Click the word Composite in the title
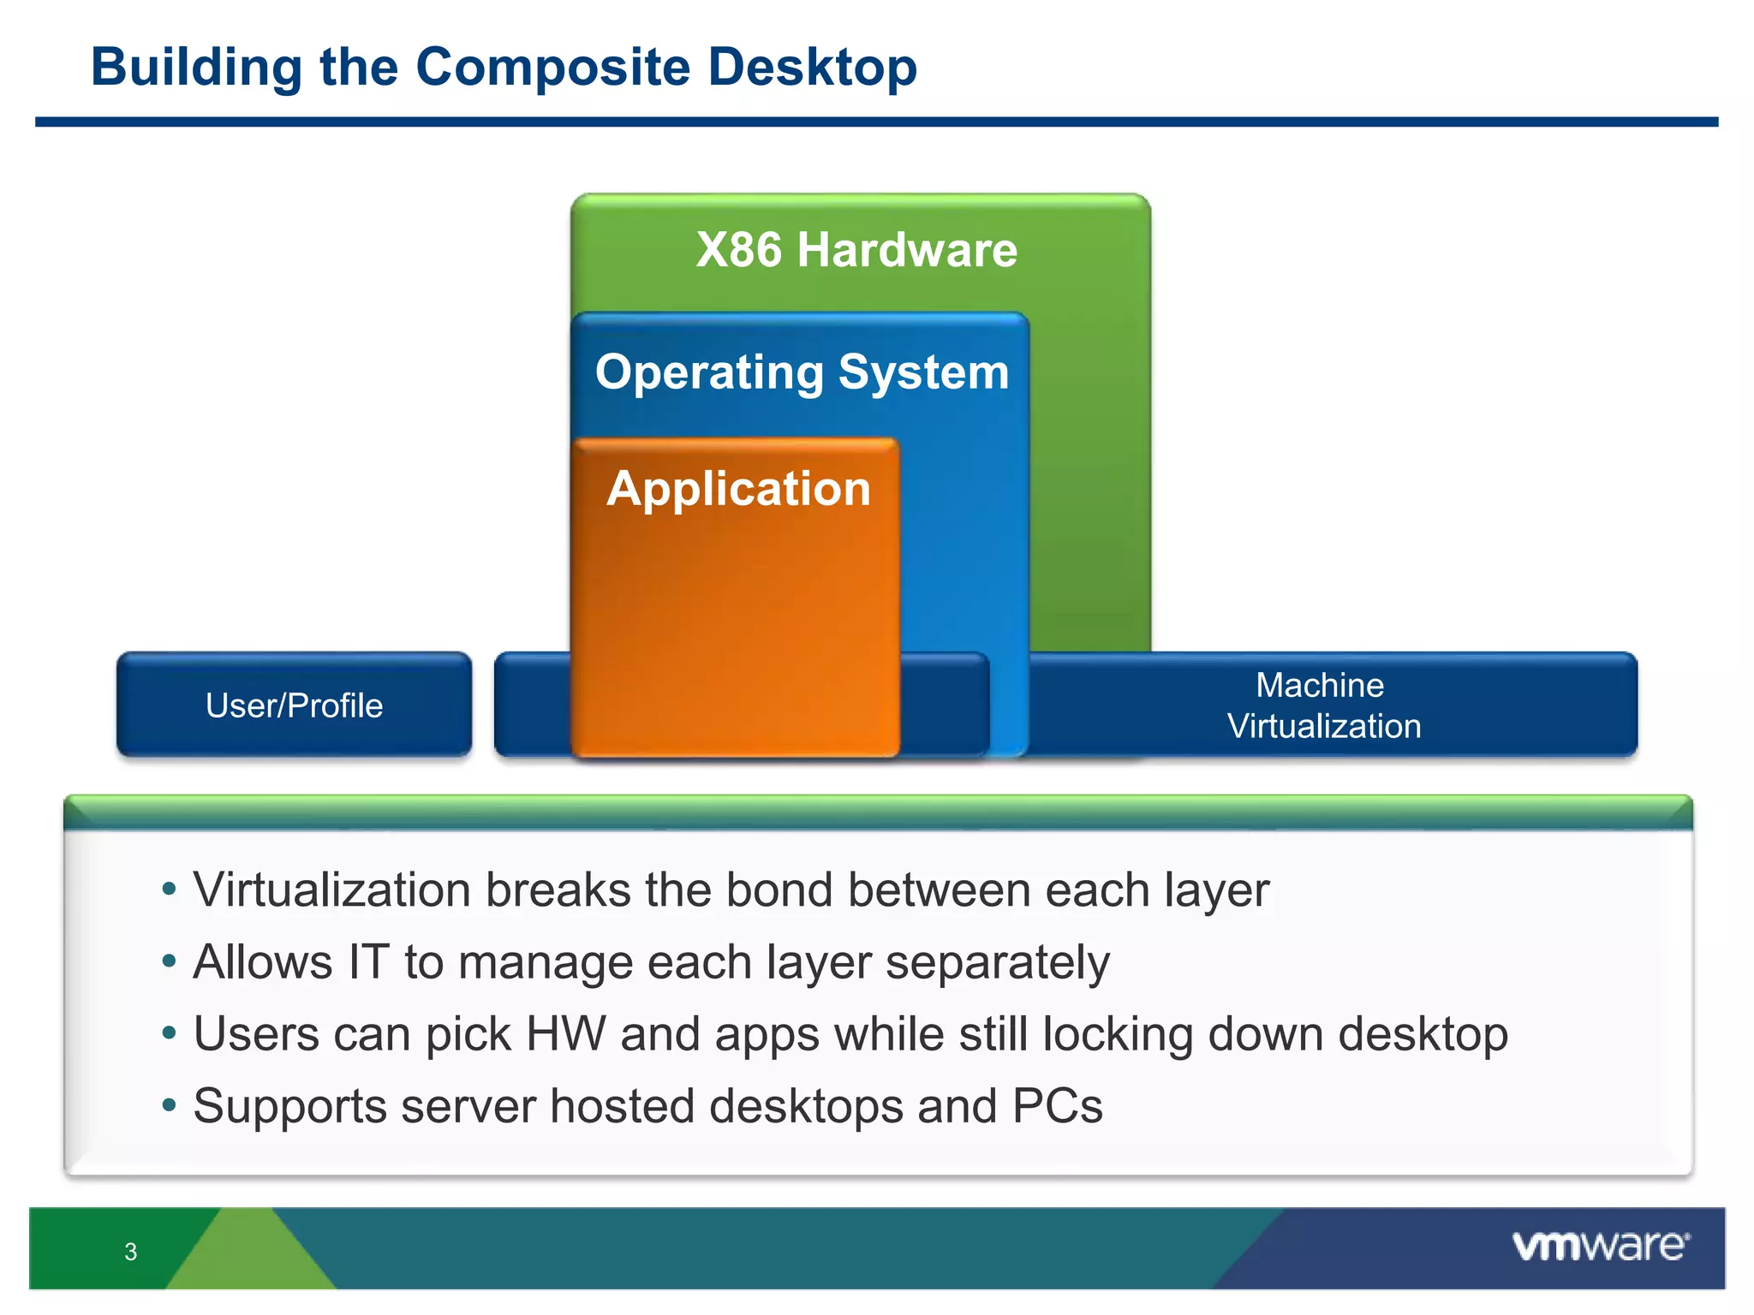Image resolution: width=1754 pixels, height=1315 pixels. (x=552, y=68)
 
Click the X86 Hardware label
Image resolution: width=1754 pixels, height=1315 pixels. (x=856, y=250)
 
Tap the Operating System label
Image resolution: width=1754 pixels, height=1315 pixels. (x=802, y=372)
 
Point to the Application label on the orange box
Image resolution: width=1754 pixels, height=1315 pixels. (x=738, y=489)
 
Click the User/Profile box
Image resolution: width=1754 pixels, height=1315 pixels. (x=294, y=705)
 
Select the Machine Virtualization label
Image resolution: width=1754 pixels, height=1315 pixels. (x=1323, y=705)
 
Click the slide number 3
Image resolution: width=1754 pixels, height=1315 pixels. (x=130, y=1252)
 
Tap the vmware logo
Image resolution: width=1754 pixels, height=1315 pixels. (x=1600, y=1246)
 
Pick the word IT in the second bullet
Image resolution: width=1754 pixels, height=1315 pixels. (x=368, y=962)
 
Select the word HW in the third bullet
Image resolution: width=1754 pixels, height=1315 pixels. (x=565, y=1034)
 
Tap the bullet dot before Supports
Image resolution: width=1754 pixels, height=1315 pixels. (x=170, y=1106)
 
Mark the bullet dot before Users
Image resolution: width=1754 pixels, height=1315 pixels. (x=170, y=1034)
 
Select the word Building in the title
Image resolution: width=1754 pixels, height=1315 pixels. (x=196, y=68)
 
